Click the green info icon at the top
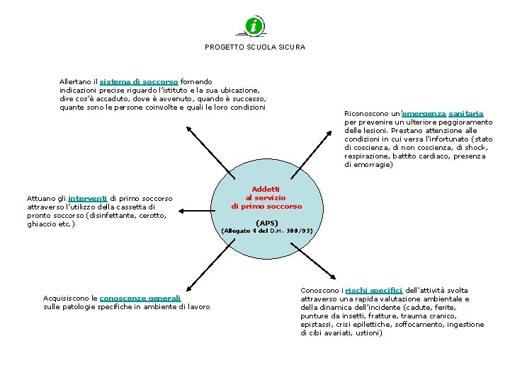[x=254, y=26]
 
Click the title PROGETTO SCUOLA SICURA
[x=255, y=47]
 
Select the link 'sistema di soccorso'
[x=139, y=82]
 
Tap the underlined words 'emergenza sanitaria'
[x=443, y=114]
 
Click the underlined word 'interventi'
[x=88, y=198]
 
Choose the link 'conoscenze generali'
[x=140, y=299]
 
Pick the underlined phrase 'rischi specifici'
[x=374, y=291]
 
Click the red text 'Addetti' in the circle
[x=266, y=189]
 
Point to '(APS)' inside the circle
[x=266, y=223]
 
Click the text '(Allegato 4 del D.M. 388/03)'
[x=266, y=231]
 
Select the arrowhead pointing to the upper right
[x=345, y=132]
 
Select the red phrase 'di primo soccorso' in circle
[x=266, y=207]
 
